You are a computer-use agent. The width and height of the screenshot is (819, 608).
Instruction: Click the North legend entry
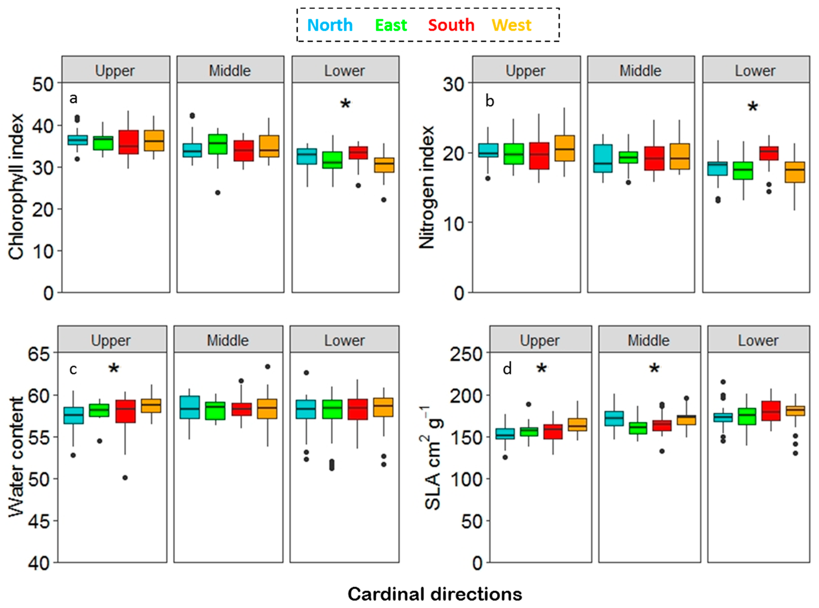point(330,25)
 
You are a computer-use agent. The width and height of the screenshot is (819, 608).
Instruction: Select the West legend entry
point(511,25)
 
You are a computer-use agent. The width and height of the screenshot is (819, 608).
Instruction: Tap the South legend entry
point(451,25)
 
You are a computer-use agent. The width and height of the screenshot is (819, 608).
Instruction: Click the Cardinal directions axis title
point(435,594)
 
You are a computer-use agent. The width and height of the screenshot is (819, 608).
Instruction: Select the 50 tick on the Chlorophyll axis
point(43,85)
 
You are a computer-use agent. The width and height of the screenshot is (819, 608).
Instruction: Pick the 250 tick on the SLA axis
point(466,354)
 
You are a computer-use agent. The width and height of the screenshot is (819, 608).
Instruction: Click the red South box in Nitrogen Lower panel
point(769,153)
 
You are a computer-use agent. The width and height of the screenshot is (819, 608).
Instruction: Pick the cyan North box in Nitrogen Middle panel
point(603,158)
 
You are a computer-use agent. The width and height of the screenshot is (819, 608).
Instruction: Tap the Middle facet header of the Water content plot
point(228,340)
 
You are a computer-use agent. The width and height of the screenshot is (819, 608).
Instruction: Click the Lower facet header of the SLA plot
point(758,340)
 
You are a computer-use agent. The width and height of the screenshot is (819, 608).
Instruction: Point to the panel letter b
point(489,101)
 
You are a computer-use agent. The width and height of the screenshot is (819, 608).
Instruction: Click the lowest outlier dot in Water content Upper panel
point(125,478)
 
